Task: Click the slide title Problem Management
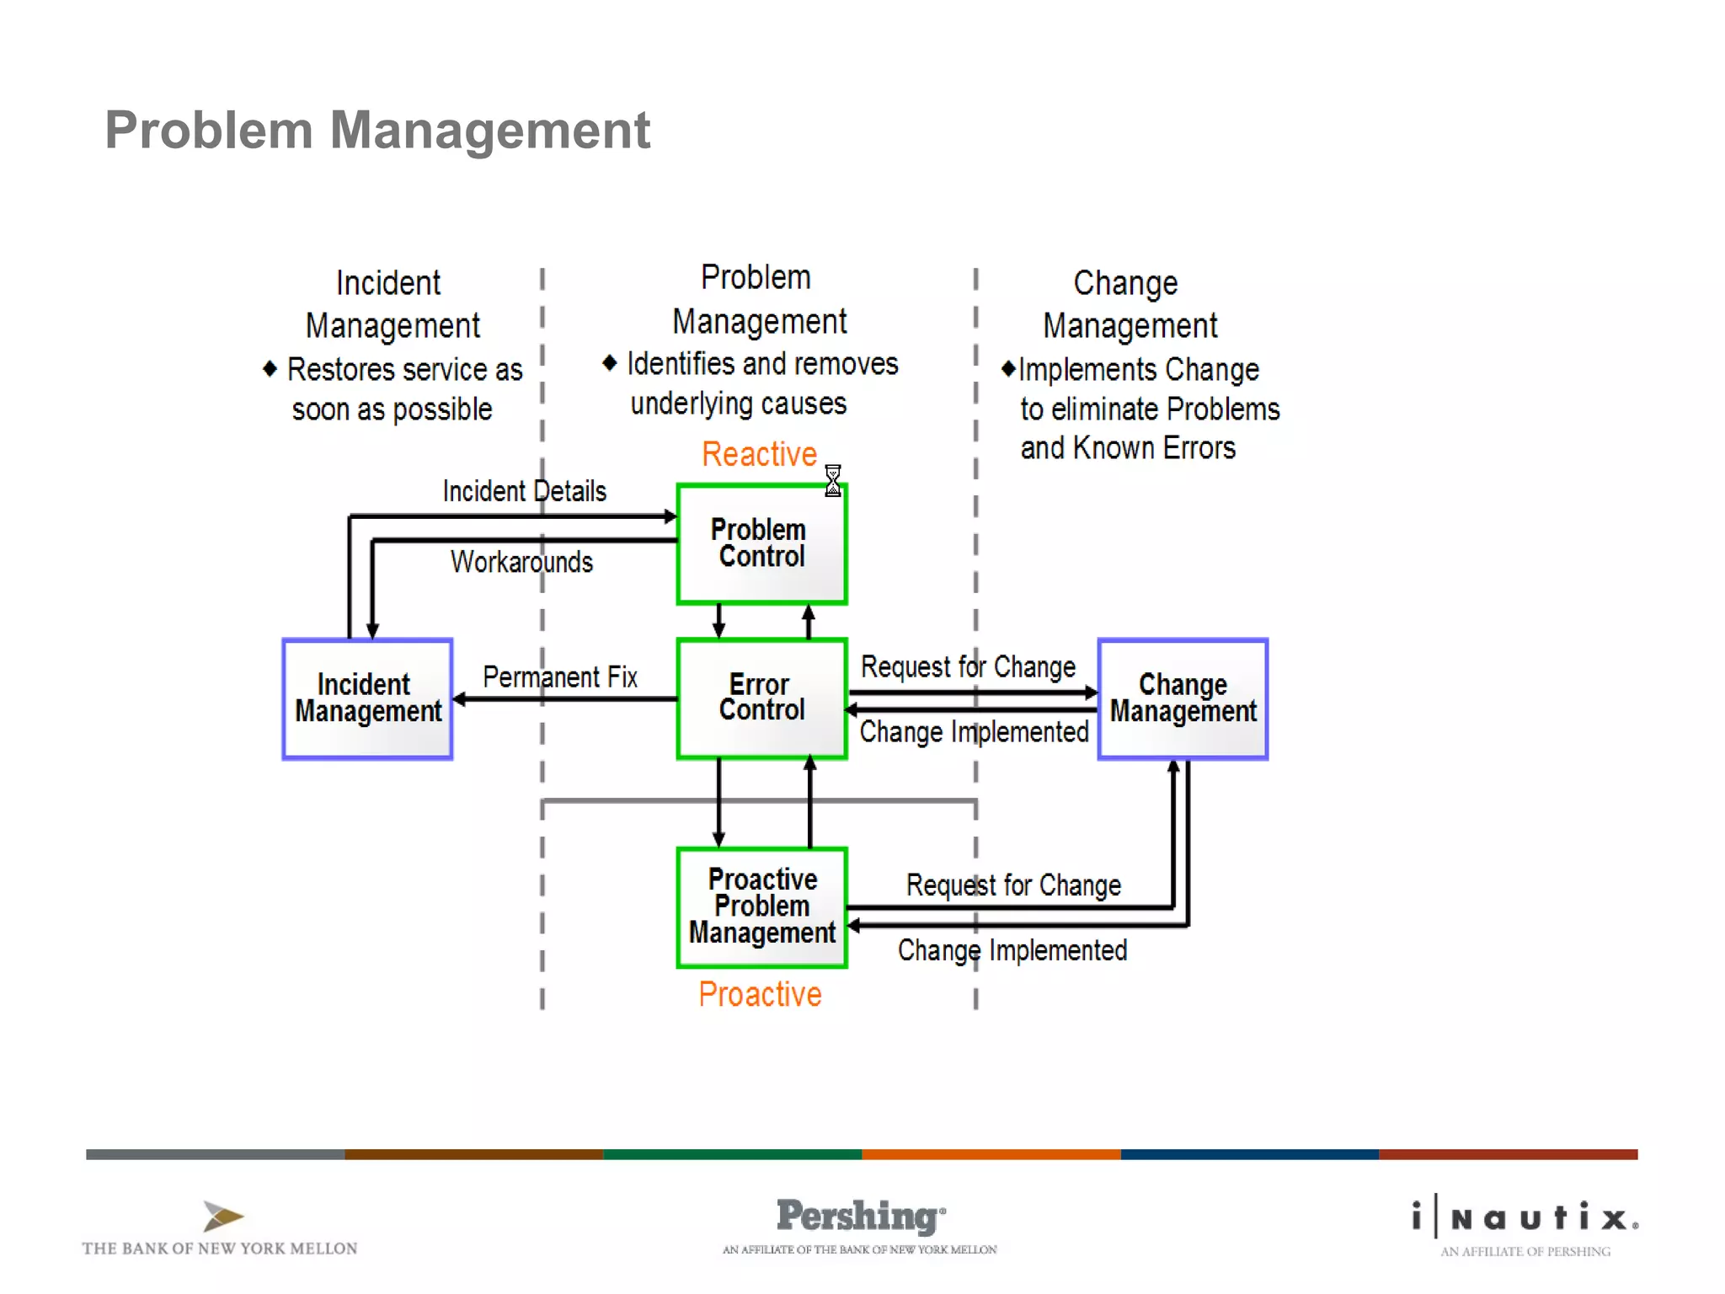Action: [x=377, y=131]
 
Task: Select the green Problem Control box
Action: [x=761, y=544]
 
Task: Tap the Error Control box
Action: [x=761, y=698]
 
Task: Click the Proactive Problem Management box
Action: [x=761, y=907]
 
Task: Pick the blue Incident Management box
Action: [x=367, y=698]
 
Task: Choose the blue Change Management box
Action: [x=1183, y=698]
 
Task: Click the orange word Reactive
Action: [x=759, y=454]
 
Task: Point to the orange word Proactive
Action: [x=760, y=994]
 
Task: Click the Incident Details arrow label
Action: [x=524, y=491]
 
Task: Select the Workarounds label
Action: [x=521, y=562]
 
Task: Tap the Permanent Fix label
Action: [x=560, y=676]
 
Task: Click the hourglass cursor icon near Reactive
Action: [x=832, y=480]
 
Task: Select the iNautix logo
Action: [x=1525, y=1218]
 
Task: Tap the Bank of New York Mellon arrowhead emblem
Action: [x=222, y=1216]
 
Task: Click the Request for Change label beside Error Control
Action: [x=968, y=667]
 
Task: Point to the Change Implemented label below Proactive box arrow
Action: [x=1012, y=950]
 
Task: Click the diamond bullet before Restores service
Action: [x=270, y=369]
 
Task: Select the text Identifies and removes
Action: [x=762, y=364]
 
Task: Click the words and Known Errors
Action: [x=1128, y=448]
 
